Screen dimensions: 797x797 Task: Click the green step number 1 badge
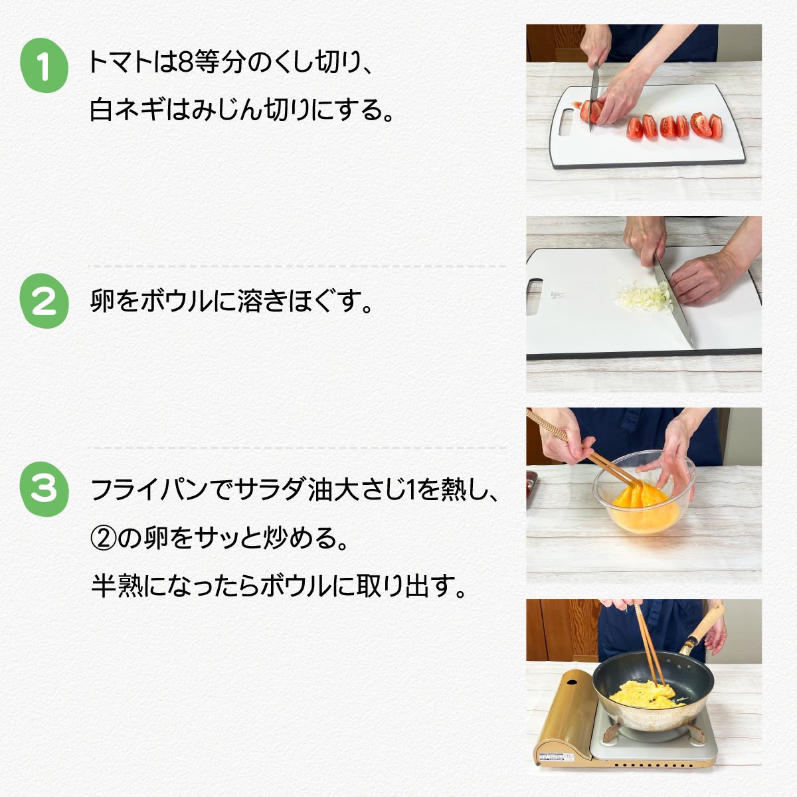pos(44,65)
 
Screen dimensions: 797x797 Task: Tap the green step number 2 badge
pos(44,301)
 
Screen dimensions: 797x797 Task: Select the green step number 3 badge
pos(44,489)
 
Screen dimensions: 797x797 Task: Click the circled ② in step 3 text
pos(104,538)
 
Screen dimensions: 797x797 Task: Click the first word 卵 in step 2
pos(102,301)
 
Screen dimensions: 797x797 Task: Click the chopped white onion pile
pos(643,294)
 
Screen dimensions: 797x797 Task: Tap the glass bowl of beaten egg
pos(644,491)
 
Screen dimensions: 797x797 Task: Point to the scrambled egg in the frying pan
pos(642,693)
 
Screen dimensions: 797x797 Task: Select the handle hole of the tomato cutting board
pos(567,122)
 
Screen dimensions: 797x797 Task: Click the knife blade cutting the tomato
pos(594,98)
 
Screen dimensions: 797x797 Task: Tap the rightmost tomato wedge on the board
pos(715,126)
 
